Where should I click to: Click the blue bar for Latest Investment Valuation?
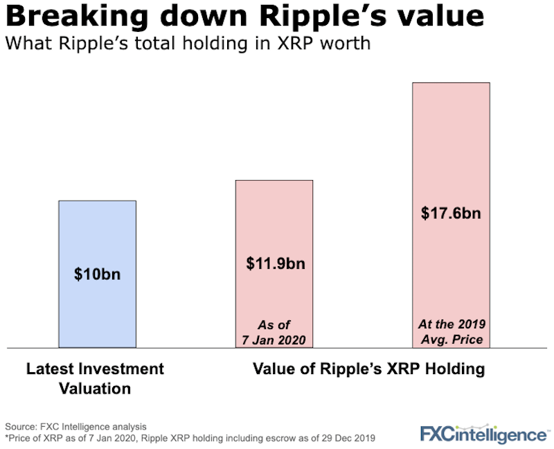97,305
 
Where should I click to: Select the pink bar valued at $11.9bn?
274,222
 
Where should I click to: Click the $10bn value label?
97,274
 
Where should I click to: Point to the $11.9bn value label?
275,264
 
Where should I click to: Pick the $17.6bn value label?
451,213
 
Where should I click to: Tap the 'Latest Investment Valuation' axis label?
96,378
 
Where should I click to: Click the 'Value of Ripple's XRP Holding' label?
366,369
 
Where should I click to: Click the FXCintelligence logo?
483,433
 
